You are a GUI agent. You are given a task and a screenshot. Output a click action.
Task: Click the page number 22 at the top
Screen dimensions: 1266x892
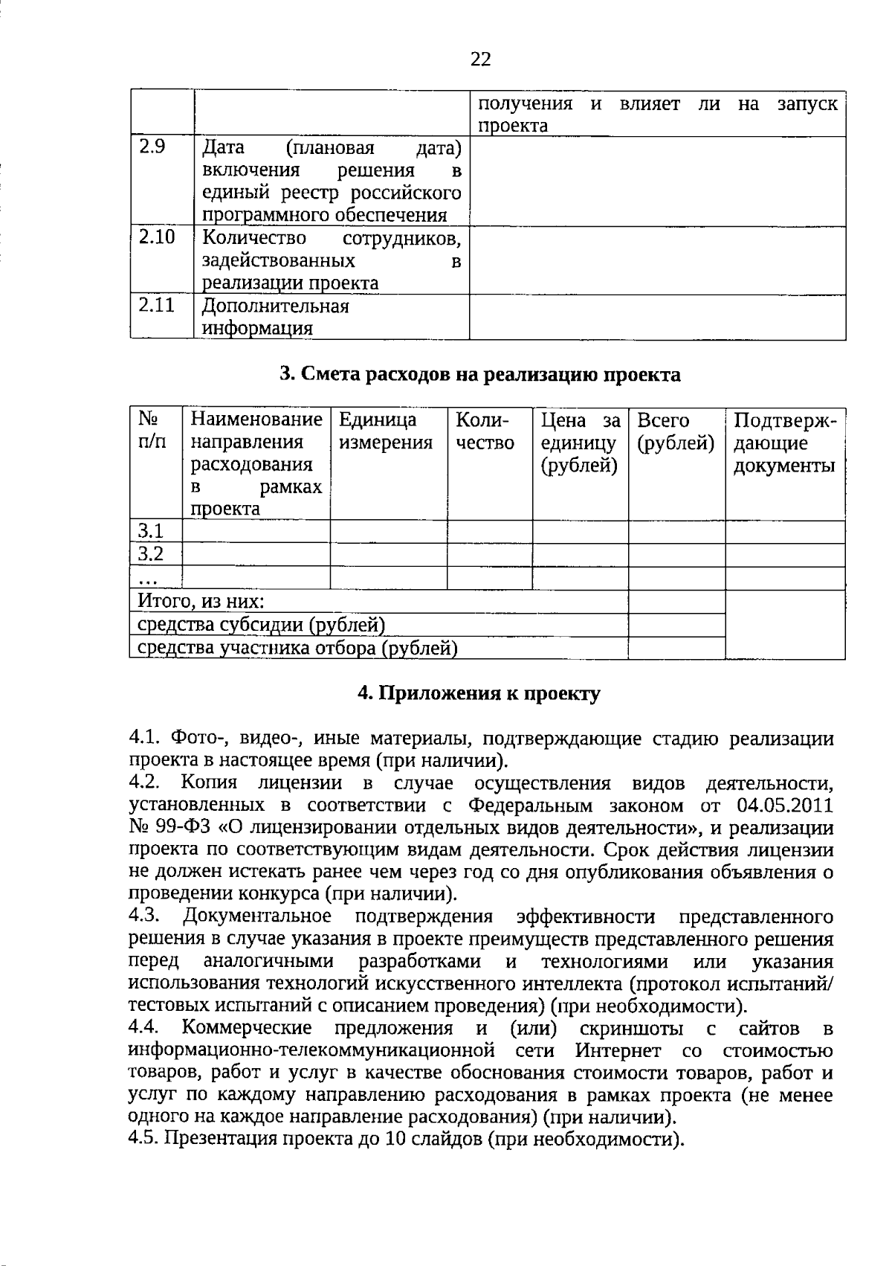(x=481, y=60)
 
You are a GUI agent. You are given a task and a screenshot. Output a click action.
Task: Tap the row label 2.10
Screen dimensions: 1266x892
(x=156, y=237)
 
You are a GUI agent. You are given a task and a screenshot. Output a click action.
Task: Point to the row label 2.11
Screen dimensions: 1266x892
(x=156, y=305)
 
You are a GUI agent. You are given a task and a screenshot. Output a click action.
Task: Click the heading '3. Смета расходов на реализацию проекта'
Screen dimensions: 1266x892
(x=479, y=374)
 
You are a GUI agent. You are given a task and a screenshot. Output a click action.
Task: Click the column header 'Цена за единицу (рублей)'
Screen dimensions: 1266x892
(x=580, y=443)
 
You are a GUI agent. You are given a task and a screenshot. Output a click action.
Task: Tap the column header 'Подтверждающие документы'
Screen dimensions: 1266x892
(x=784, y=443)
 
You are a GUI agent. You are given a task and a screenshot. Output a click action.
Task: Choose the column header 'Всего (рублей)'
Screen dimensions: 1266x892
(x=675, y=432)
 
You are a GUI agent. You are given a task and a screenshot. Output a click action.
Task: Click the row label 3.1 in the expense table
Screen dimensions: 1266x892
(x=150, y=531)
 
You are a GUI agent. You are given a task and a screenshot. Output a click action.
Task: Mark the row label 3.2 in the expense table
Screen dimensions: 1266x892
(x=150, y=554)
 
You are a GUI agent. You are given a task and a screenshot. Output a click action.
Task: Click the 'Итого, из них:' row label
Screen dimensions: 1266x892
(x=201, y=601)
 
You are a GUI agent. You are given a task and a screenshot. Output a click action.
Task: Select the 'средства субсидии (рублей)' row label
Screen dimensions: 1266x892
(x=261, y=625)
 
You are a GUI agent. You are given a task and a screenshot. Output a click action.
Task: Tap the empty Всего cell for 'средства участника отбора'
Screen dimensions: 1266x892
(x=676, y=648)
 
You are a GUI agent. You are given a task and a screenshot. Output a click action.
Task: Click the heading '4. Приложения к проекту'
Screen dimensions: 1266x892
(x=479, y=693)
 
